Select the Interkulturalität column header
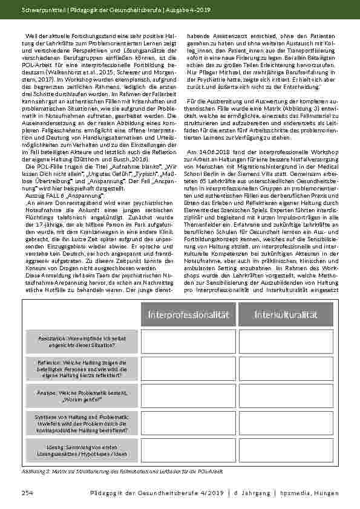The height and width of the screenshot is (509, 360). click(x=286, y=314)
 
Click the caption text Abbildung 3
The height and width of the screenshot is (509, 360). click(x=37, y=470)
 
